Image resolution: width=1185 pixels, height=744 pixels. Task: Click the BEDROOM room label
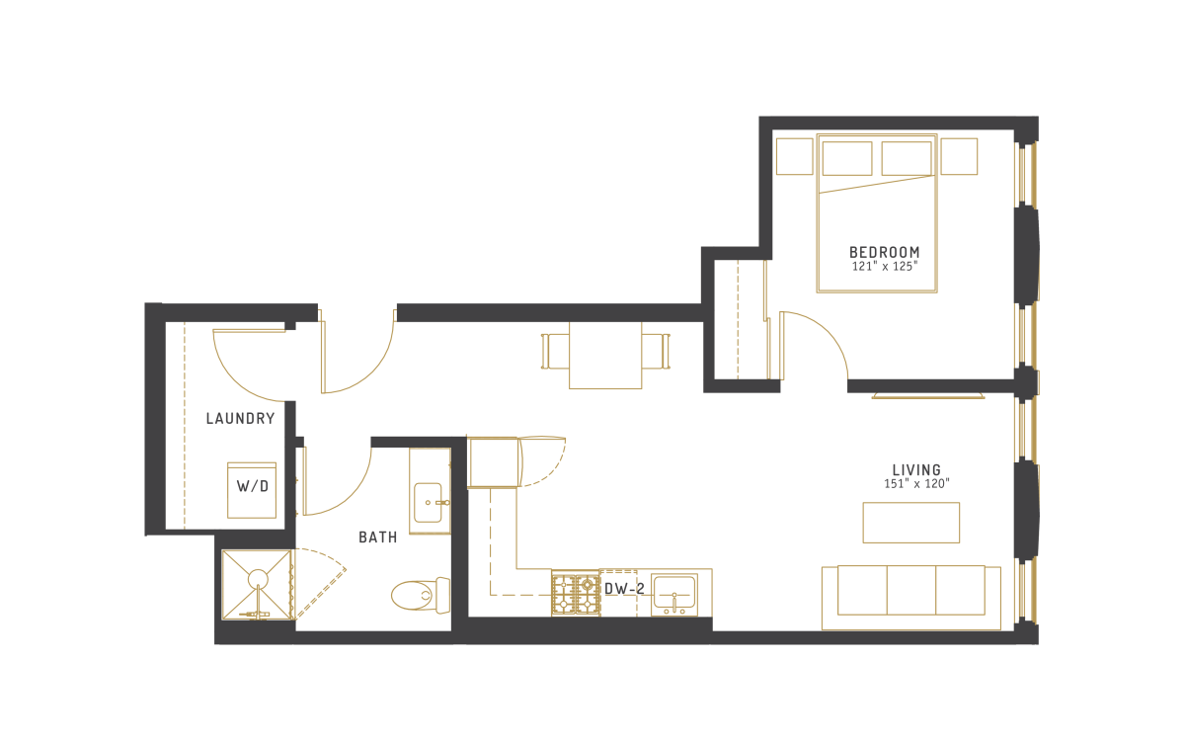[884, 252]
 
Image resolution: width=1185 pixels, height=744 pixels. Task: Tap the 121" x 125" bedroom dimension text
[885, 267]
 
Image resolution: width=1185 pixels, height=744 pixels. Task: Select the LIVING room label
[916, 470]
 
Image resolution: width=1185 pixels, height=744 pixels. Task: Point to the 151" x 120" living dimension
[916, 484]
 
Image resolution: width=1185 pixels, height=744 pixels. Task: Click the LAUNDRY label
[241, 419]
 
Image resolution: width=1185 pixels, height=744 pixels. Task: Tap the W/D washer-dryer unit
[252, 490]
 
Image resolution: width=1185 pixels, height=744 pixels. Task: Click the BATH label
[377, 537]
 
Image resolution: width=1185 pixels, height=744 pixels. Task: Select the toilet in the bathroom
[421, 596]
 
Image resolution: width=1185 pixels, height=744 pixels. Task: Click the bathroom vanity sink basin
[428, 502]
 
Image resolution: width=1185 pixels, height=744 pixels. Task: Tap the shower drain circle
[258, 579]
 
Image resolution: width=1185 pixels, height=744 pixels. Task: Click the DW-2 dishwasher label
[624, 589]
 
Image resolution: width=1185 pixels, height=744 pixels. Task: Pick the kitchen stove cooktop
[576, 593]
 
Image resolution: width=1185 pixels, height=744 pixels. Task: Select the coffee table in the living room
[910, 523]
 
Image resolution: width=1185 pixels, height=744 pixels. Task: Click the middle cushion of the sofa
[910, 590]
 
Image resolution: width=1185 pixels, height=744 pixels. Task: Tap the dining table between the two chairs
[605, 355]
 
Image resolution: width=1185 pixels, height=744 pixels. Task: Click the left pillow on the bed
[847, 158]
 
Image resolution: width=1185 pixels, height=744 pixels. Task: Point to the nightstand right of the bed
[959, 156]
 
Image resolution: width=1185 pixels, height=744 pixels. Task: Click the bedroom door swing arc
[825, 330]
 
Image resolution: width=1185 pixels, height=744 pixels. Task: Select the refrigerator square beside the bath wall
[493, 462]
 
